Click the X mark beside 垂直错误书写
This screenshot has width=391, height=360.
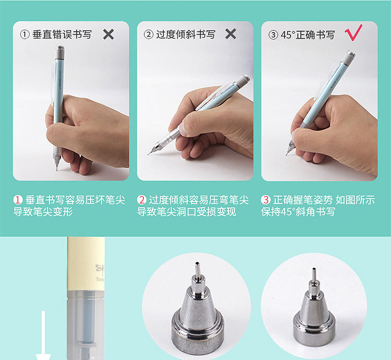(108, 34)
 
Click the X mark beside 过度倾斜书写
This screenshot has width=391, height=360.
(230, 34)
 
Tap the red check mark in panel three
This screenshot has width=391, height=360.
(353, 32)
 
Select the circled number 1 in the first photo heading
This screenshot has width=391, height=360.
(25, 34)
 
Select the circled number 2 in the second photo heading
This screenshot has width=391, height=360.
(149, 34)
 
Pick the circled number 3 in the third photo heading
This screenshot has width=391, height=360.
(273, 35)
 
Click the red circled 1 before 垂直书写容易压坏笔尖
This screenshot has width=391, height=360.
(18, 200)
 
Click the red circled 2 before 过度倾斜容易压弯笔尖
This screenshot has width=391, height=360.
(142, 200)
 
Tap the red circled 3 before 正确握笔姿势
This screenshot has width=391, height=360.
(266, 200)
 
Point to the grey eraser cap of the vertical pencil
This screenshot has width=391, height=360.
(60, 51)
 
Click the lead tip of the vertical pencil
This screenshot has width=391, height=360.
(57, 170)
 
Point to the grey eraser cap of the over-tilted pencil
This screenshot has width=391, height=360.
(242, 80)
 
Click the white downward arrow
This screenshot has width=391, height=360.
(43, 335)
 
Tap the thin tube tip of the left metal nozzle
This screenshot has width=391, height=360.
(198, 269)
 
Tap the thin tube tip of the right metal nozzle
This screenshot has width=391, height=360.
(314, 275)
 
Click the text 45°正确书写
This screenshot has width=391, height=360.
(308, 35)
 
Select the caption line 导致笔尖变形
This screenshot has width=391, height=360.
(43, 212)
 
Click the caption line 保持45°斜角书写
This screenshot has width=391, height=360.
(298, 212)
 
